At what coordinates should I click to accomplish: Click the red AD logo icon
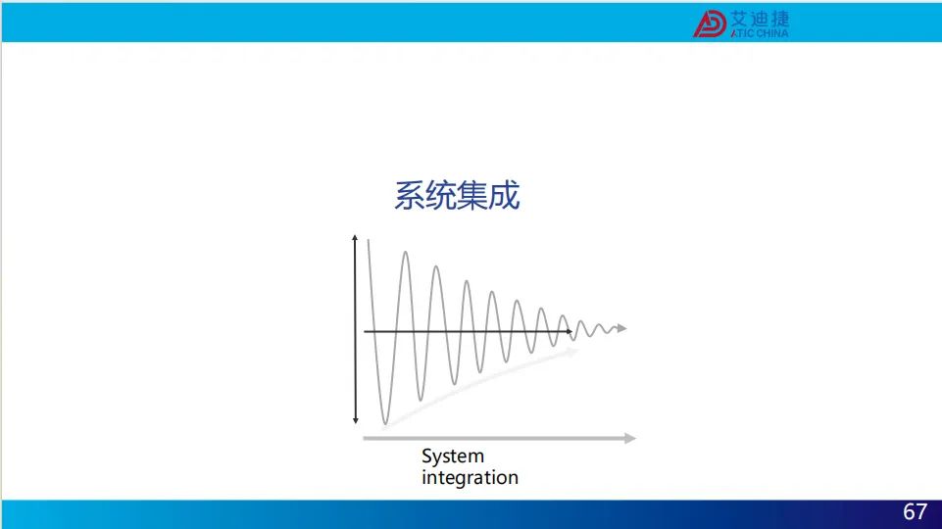710,24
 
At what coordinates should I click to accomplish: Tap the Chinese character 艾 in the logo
738,19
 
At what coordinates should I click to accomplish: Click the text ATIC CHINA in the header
760,33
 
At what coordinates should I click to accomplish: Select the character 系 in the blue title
409,196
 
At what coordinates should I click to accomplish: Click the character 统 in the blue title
440,196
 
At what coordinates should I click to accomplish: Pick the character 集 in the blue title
472,196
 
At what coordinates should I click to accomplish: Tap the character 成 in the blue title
504,196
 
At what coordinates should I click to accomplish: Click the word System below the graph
453,457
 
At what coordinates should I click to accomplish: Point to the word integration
470,477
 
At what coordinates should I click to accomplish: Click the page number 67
915,511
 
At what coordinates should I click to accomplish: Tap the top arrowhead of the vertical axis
355,238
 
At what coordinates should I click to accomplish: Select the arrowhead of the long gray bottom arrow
630,438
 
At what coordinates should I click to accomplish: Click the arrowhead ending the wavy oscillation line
622,328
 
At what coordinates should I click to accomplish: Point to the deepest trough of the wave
385,423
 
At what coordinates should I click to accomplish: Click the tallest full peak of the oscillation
406,254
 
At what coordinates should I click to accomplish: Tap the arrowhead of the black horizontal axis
569,331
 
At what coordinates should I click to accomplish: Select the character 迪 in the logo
760,19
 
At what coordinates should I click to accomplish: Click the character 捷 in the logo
780,19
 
